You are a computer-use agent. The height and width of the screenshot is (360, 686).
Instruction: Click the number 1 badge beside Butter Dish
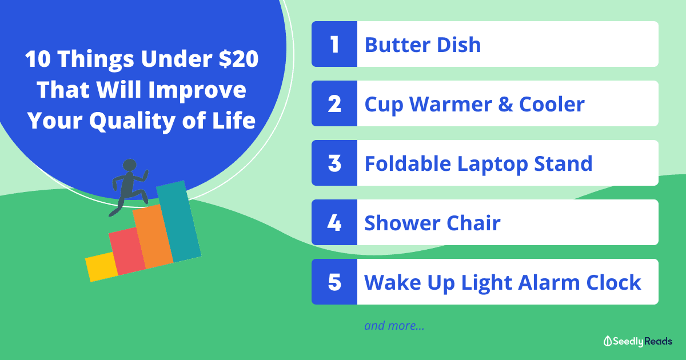pyautogui.click(x=334, y=44)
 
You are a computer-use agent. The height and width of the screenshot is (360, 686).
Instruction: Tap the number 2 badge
pyautogui.click(x=334, y=103)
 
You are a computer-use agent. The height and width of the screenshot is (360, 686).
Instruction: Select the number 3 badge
pyautogui.click(x=334, y=163)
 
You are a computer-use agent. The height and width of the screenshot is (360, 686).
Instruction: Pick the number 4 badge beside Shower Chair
pyautogui.click(x=334, y=222)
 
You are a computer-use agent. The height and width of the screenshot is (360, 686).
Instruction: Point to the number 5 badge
pyautogui.click(x=334, y=282)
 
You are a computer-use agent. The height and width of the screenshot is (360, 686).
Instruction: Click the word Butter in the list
pyautogui.click(x=397, y=45)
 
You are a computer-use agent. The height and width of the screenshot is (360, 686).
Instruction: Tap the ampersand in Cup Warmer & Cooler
pyautogui.click(x=505, y=104)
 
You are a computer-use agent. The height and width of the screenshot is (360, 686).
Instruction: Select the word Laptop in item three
pyautogui.click(x=492, y=165)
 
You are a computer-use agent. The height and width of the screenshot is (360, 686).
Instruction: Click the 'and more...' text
pyautogui.click(x=394, y=326)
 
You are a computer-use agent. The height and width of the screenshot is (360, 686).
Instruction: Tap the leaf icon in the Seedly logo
pyautogui.click(x=608, y=341)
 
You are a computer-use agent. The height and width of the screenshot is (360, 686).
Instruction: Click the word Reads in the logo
pyautogui.click(x=658, y=341)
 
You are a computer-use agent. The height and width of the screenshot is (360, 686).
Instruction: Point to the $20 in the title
pyautogui.click(x=238, y=59)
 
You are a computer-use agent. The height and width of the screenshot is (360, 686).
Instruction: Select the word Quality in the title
pyautogui.click(x=132, y=121)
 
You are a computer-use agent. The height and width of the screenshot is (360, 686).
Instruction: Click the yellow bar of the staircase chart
pyautogui.click(x=102, y=267)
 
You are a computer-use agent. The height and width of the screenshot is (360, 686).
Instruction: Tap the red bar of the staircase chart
pyautogui.click(x=127, y=251)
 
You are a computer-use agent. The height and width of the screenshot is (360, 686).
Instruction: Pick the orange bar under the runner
pyautogui.click(x=153, y=237)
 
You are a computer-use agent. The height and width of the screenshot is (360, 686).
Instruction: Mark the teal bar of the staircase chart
pyautogui.click(x=179, y=221)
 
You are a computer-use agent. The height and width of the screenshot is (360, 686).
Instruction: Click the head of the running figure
pyautogui.click(x=130, y=165)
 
